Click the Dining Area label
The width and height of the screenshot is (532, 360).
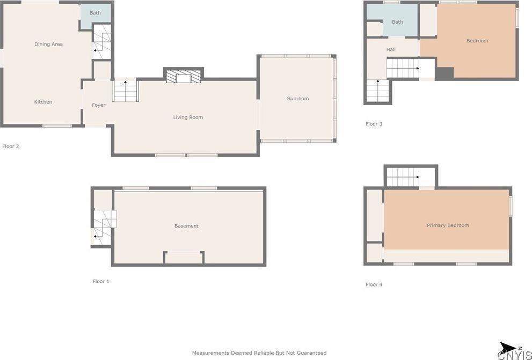(x=48, y=45)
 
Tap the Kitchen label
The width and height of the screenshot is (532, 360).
(x=43, y=102)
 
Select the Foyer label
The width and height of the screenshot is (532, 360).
(x=99, y=105)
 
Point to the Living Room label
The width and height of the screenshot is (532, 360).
(x=188, y=117)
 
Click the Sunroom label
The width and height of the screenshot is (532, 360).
(x=298, y=99)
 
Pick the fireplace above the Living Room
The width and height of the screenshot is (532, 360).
(x=184, y=76)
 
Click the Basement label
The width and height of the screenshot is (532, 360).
(x=186, y=226)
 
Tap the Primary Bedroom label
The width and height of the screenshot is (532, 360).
(x=448, y=225)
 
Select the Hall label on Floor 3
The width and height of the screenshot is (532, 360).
(x=391, y=50)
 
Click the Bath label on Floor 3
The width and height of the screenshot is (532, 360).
(x=397, y=22)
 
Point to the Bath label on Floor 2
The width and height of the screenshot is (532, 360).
(x=95, y=13)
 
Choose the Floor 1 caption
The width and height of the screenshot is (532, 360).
(x=101, y=281)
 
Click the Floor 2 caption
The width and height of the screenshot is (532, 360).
(x=11, y=146)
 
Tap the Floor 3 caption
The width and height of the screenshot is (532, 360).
(x=374, y=124)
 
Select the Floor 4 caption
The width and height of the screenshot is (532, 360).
(x=374, y=284)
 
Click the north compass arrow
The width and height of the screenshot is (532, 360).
(x=507, y=347)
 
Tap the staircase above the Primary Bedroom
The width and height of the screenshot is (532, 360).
(x=403, y=177)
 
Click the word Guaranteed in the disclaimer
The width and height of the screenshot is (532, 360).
(x=310, y=353)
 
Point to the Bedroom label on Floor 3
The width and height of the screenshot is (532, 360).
(x=477, y=41)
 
